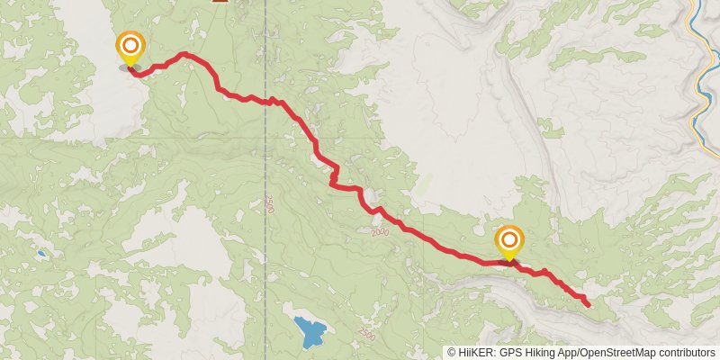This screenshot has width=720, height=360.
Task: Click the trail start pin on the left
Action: click(x=130, y=46)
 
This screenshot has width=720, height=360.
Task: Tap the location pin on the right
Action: click(x=509, y=240)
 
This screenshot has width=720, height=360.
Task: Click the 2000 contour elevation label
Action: click(x=379, y=231)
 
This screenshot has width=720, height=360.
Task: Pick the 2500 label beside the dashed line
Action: click(x=268, y=204)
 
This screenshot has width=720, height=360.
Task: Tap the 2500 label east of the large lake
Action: click(x=365, y=335)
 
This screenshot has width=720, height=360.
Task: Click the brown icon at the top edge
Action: click(x=220, y=2)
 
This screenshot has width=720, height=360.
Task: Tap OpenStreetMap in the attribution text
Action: click(x=616, y=353)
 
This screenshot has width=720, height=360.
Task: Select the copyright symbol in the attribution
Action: click(x=451, y=353)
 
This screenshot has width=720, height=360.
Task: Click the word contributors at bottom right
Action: click(x=686, y=353)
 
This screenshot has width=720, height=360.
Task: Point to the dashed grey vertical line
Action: click(x=265, y=270)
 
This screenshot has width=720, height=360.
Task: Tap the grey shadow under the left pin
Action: click(x=129, y=67)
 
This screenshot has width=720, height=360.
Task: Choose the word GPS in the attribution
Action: click(x=510, y=353)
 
